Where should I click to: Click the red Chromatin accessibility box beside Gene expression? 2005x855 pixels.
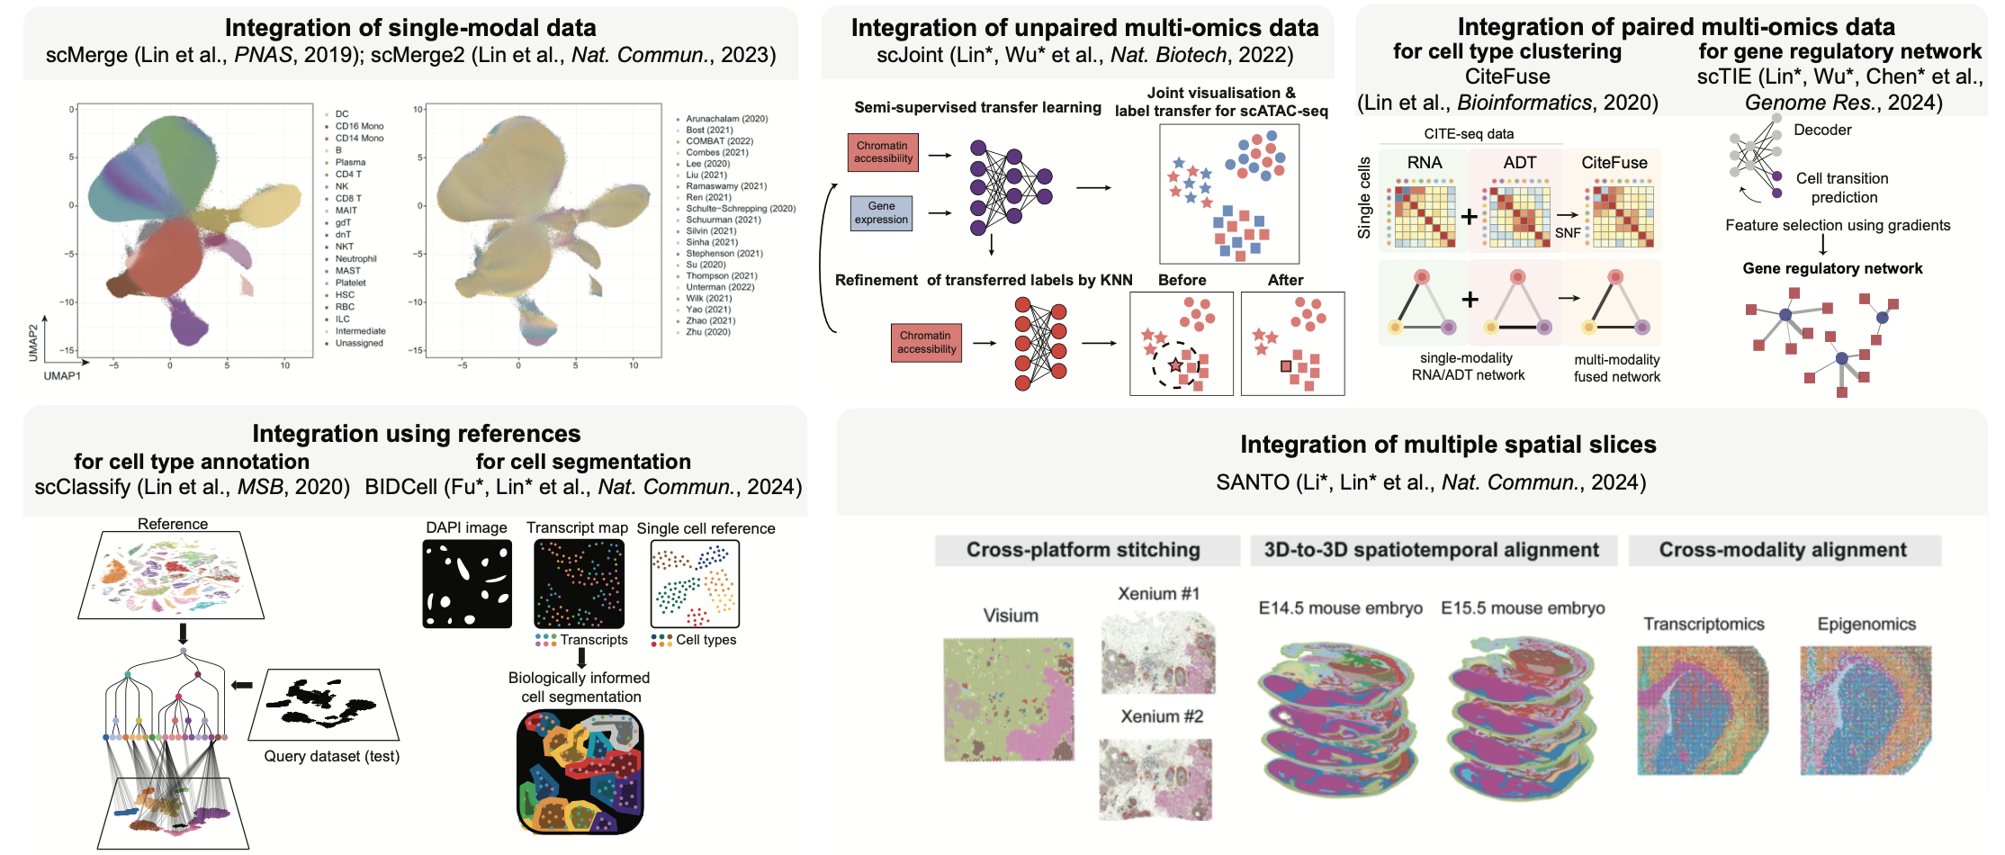[x=883, y=152]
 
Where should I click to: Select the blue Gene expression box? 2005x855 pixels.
[x=881, y=213]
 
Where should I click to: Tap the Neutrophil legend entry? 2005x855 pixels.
[x=355, y=258]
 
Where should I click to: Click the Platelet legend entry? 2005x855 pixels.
[x=350, y=283]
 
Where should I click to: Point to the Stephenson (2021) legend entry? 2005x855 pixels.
[x=724, y=254]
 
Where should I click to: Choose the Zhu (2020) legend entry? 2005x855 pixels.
[x=707, y=332]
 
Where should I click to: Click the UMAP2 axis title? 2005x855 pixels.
[x=33, y=343]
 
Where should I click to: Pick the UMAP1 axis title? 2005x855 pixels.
[x=62, y=375]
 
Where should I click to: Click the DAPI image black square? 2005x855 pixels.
[x=467, y=584]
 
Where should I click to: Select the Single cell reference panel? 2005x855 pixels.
[x=695, y=584]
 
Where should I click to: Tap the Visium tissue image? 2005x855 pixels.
[x=1009, y=699]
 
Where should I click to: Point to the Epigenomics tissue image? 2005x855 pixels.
[x=1866, y=710]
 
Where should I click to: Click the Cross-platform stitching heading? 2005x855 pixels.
[x=1083, y=550]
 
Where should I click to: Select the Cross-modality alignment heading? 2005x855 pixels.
[x=1783, y=550]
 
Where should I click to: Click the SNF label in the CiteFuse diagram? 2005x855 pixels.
[x=1568, y=232]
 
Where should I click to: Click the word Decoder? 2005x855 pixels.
[x=1822, y=130]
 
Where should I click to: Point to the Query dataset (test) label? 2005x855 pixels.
[x=331, y=756]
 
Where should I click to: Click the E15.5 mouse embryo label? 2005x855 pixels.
[x=1523, y=608]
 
